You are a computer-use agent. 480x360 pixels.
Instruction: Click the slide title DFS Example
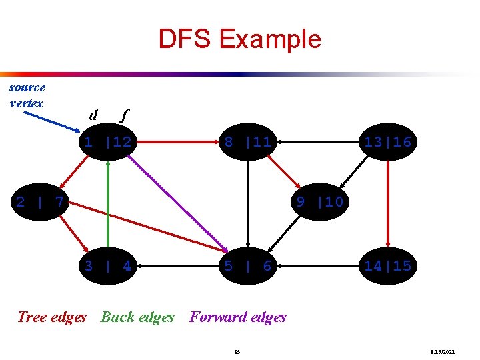(x=239, y=39)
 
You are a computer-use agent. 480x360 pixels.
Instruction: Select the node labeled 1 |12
(x=107, y=141)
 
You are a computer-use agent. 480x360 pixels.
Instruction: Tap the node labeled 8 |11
(x=247, y=141)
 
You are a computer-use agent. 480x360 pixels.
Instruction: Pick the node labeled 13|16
(x=387, y=141)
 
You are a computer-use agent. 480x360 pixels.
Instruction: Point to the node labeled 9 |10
(x=320, y=201)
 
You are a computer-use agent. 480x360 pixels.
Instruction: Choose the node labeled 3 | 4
(x=107, y=266)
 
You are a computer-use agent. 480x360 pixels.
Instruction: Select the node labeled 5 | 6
(x=247, y=266)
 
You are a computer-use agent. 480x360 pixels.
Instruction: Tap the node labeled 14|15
(x=387, y=266)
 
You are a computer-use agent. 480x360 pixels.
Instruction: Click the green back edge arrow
(x=107, y=203)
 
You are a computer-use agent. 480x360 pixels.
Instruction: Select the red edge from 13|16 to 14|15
(x=387, y=203)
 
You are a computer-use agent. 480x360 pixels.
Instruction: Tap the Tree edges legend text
(x=52, y=317)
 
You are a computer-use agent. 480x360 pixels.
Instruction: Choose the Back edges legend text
(x=137, y=317)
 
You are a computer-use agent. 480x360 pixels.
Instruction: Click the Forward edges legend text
(x=238, y=317)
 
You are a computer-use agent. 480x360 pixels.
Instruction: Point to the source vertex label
(x=27, y=95)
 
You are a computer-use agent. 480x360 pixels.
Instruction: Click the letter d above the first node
(x=93, y=115)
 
